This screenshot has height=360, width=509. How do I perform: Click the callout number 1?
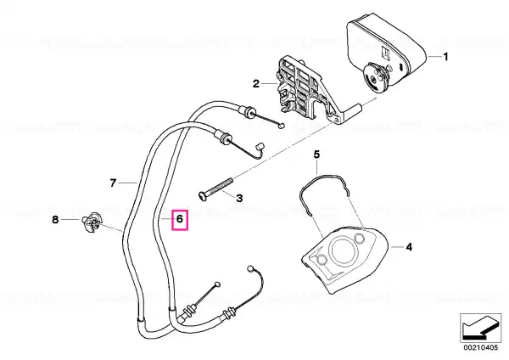tap(445, 57)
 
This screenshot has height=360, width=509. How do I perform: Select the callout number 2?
tap(256, 84)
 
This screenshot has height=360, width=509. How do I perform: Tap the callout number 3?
tap(239, 198)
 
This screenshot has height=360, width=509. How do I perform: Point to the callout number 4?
tap(409, 247)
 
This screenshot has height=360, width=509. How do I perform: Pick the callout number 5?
tap(316, 154)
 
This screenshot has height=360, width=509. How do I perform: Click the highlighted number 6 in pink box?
tap(180, 219)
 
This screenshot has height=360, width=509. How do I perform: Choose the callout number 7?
tap(113, 183)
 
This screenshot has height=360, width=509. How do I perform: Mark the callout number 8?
tap(55, 220)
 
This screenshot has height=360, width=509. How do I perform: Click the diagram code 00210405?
tap(480, 347)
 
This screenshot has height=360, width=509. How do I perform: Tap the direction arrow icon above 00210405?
tap(480, 328)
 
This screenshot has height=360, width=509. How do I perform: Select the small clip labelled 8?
tap(92, 222)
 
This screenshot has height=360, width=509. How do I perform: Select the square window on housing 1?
tap(386, 53)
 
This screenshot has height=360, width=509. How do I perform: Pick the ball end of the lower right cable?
tap(251, 268)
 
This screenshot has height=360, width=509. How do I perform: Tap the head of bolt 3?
tap(201, 195)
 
